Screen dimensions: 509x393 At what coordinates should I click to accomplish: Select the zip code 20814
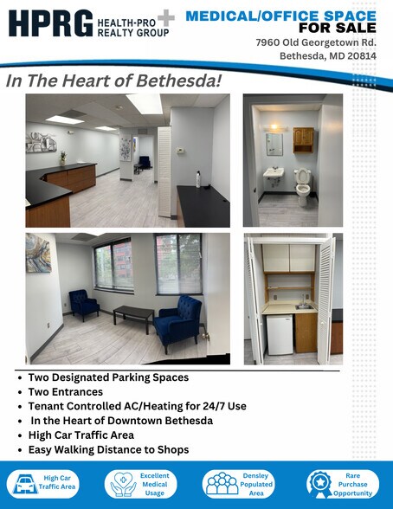364,57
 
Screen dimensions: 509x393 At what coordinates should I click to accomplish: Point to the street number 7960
268,42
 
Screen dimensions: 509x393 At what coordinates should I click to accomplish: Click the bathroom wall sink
274,174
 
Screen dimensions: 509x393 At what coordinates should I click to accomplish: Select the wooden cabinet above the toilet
303,140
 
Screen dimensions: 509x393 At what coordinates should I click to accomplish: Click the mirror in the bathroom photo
274,144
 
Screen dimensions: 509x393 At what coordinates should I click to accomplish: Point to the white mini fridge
280,334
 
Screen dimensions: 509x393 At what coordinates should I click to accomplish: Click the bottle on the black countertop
198,180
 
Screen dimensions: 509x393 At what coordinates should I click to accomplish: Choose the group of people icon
221,484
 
